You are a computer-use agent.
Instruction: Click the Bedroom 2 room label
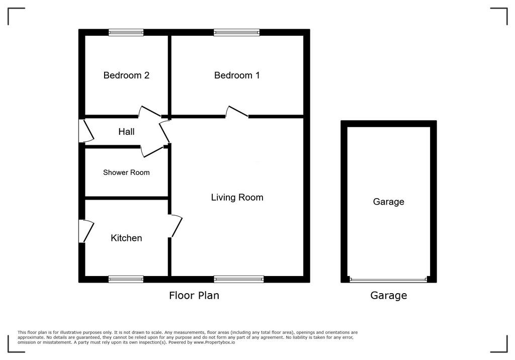[126, 75]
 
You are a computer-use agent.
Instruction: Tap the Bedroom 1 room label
[237, 75]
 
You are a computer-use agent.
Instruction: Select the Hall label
[126, 132]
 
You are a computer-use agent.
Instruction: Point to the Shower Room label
[126, 172]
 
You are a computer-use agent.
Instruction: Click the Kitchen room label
[126, 238]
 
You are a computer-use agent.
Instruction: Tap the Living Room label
[237, 198]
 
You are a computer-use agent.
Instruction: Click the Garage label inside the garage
[389, 201]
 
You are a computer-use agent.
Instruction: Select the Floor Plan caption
[194, 295]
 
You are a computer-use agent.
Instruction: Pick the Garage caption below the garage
[389, 295]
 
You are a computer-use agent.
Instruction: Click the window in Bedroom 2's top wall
[126, 32]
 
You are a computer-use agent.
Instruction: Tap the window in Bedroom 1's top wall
[236, 32]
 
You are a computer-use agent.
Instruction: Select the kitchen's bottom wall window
[126, 279]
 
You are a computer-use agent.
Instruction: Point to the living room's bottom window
[239, 279]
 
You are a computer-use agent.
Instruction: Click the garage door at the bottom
[389, 280]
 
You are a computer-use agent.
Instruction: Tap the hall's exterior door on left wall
[86, 131]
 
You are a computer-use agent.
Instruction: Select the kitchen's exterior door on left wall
[86, 231]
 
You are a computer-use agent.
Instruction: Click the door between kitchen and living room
[176, 226]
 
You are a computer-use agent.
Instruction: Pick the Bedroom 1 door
[236, 112]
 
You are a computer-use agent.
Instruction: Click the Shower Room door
[152, 151]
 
